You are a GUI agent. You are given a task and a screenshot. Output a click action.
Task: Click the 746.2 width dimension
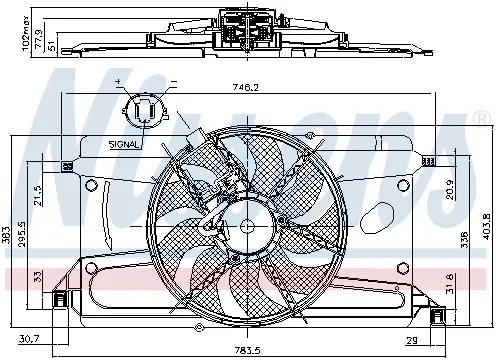click(x=246, y=88)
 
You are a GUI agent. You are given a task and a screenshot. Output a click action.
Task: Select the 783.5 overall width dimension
click(x=247, y=349)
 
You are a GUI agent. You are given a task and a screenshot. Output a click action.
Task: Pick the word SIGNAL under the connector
click(x=124, y=145)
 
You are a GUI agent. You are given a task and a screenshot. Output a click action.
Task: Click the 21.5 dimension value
click(x=39, y=193)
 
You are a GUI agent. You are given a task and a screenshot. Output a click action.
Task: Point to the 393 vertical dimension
click(x=7, y=236)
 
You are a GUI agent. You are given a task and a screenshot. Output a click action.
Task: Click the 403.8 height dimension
click(x=488, y=225)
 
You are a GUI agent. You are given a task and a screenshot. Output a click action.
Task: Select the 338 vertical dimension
click(x=463, y=241)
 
